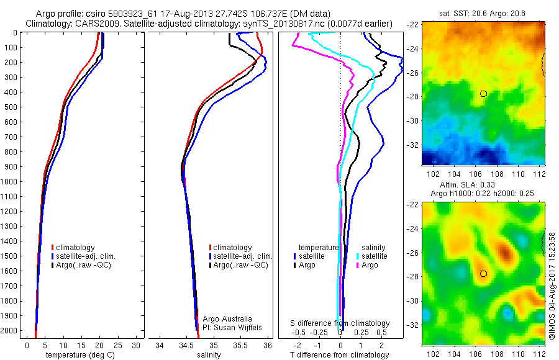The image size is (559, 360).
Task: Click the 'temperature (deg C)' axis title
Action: click(x=78, y=355)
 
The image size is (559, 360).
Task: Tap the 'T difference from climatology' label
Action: click(x=339, y=355)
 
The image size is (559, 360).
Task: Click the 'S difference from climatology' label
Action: click(x=340, y=323)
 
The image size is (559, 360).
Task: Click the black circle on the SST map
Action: click(x=483, y=94)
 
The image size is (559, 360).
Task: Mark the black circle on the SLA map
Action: click(x=483, y=274)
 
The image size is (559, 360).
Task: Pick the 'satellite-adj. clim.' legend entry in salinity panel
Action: click(x=243, y=256)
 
